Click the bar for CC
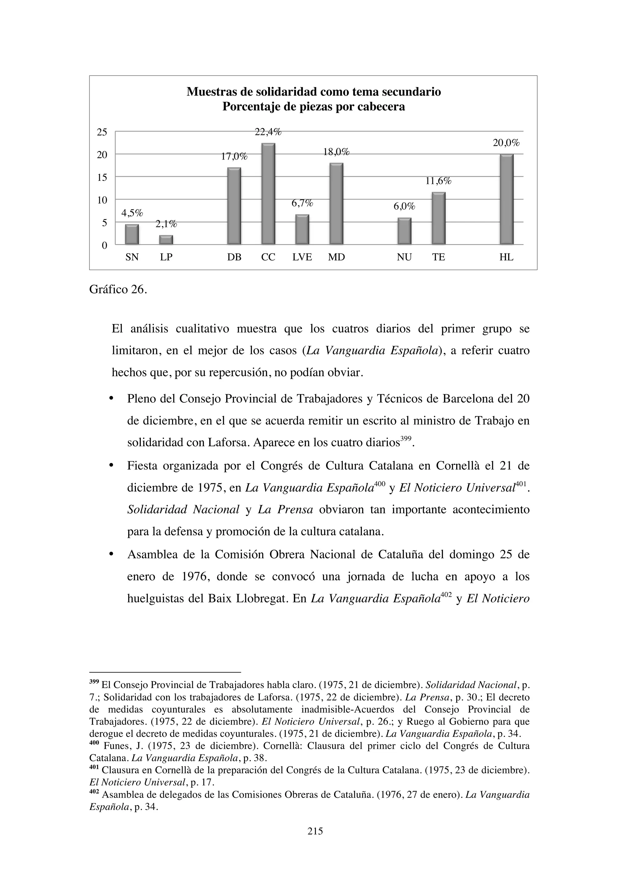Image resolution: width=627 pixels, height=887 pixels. click(x=268, y=194)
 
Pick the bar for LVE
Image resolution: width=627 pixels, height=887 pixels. click(x=302, y=229)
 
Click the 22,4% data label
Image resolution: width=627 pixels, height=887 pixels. click(x=268, y=132)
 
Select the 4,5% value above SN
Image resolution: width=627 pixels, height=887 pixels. click(x=132, y=213)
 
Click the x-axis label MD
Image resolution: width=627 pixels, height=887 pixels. click(x=336, y=257)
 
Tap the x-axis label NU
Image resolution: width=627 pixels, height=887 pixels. click(x=404, y=257)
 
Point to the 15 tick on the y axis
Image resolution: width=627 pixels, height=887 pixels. click(x=102, y=177)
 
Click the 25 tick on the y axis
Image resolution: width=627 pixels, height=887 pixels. click(x=102, y=132)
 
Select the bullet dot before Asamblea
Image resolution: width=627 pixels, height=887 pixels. click(x=111, y=554)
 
